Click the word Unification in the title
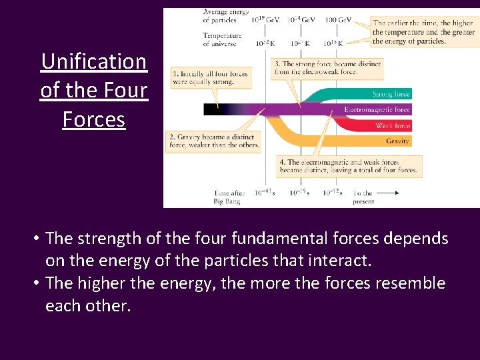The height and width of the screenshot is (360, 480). pyautogui.click(x=93, y=61)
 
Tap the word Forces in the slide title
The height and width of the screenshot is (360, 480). pyautogui.click(x=93, y=119)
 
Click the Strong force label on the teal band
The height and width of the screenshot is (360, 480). pyautogui.click(x=392, y=94)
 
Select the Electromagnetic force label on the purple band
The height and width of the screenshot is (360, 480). pyautogui.click(x=377, y=109)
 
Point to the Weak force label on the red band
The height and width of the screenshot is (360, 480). pyautogui.click(x=393, y=125)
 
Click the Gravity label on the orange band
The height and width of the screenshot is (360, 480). pyautogui.click(x=397, y=141)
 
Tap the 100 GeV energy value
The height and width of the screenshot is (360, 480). pyautogui.click(x=338, y=20)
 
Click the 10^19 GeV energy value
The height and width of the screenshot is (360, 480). pyautogui.click(x=265, y=20)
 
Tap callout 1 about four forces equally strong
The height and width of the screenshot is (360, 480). pyautogui.click(x=210, y=77)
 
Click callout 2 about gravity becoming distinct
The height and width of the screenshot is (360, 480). pyautogui.click(x=213, y=140)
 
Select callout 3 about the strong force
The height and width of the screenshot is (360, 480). pyautogui.click(x=327, y=68)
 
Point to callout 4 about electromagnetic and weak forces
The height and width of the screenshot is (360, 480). pyautogui.click(x=349, y=165)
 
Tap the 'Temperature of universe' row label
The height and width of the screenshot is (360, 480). pyautogui.click(x=222, y=39)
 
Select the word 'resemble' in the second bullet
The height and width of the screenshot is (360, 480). pyautogui.click(x=409, y=283)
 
